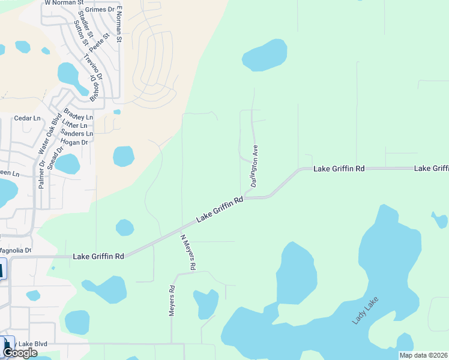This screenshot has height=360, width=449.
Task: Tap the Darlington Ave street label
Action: point(255,166)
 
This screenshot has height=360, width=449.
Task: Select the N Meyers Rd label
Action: point(188,251)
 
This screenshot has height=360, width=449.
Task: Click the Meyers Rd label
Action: point(172,301)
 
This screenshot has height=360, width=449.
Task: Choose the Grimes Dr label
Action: point(100,10)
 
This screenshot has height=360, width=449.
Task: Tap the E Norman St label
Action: point(119,25)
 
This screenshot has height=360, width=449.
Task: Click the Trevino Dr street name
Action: point(93,67)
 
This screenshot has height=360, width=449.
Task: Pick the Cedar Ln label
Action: point(26,119)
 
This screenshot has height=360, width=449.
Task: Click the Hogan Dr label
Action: point(74,142)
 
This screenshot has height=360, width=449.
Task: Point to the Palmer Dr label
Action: point(42,175)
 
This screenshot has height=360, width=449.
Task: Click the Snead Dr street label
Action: point(55,158)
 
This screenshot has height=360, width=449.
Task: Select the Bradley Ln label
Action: point(78,115)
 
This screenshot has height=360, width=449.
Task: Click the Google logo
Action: point(20,353)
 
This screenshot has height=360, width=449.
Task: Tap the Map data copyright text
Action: point(423,355)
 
